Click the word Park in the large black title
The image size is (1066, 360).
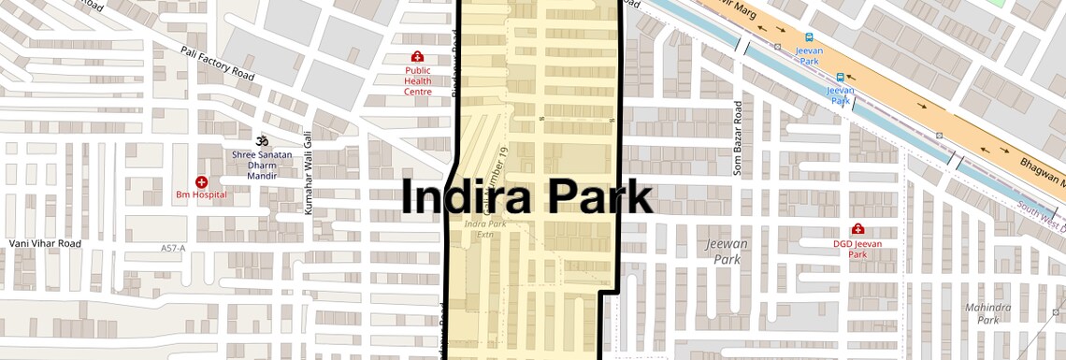(598, 198)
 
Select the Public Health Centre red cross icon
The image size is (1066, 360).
(417, 57)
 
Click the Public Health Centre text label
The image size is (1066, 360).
(417, 80)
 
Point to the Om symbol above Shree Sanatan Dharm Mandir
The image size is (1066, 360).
(263, 138)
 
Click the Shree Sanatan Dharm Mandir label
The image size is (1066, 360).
(263, 165)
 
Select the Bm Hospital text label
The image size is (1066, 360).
(201, 194)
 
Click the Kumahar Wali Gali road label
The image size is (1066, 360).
(308, 177)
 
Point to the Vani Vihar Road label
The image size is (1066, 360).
(45, 243)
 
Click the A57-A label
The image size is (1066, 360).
(172, 248)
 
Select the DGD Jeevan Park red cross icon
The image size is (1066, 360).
(857, 229)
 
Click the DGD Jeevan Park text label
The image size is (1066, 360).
(857, 249)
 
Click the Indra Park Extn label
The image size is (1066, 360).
(485, 229)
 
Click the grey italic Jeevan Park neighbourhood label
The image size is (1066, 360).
(727, 251)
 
